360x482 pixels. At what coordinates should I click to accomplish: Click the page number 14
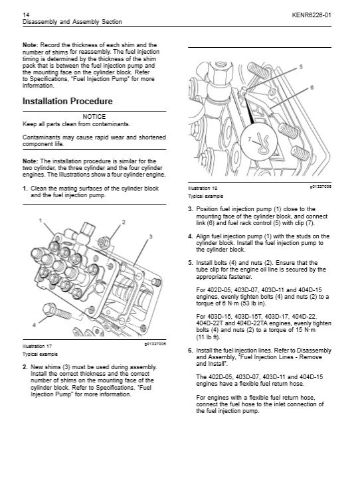26,15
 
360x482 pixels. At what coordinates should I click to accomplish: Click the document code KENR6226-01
312,15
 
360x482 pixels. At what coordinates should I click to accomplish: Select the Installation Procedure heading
68,101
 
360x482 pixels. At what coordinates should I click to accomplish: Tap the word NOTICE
94,116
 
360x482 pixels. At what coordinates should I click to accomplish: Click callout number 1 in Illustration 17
41,220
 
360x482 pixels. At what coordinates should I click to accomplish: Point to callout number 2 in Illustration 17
124,222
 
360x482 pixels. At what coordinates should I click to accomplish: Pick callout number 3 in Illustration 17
151,236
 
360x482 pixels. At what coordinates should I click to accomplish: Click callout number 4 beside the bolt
35,325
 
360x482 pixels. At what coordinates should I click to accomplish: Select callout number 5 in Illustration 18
301,66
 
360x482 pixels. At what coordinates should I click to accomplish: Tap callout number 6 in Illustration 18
312,88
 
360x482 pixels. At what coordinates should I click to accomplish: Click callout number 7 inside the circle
249,139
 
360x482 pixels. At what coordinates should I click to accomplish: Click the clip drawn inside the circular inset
262,143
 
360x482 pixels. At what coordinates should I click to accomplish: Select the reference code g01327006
320,187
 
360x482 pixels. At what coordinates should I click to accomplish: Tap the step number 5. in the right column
191,263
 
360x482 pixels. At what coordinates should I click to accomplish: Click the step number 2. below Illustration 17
25,367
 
